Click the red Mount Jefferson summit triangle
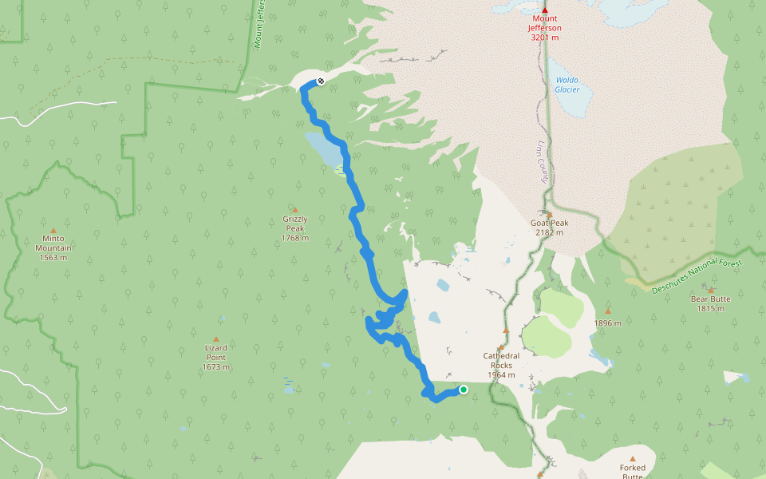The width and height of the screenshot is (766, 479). [x=545, y=9]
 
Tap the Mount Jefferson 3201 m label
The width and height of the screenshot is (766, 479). [x=545, y=28]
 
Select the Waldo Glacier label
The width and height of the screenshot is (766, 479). [x=567, y=85]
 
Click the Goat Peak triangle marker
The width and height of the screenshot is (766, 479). [x=549, y=214]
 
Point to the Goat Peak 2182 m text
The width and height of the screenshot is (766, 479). [x=549, y=228]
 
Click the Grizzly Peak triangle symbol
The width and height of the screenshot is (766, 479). [x=294, y=209]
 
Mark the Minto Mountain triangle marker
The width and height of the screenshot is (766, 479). [x=53, y=230]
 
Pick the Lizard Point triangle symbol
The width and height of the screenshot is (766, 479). [x=215, y=338]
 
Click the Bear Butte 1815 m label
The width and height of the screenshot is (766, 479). [x=710, y=303]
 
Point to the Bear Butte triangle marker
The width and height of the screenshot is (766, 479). [x=711, y=290]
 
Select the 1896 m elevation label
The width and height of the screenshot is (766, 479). [x=607, y=323]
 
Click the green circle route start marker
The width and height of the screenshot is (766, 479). [x=464, y=390]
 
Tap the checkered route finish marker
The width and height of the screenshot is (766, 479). [x=320, y=81]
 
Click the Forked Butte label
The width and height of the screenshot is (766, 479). [x=632, y=472]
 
